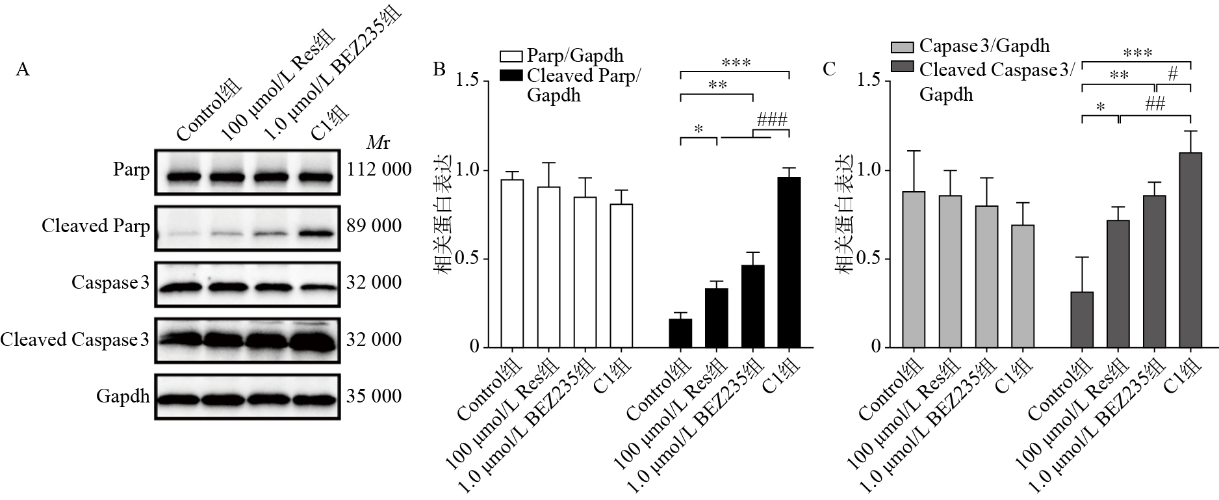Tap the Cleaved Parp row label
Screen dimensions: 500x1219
[x=96, y=226]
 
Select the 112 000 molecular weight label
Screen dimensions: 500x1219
[x=379, y=170]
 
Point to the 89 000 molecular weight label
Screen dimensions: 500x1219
[x=374, y=226]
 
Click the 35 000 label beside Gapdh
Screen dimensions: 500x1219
[x=374, y=396]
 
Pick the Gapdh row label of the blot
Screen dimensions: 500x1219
[x=123, y=396]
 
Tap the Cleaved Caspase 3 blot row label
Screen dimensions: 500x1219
[x=75, y=339]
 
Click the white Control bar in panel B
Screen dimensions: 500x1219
[x=512, y=263]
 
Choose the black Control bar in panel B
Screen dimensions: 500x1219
[x=680, y=333]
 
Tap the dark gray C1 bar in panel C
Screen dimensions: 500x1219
[x=1190, y=250]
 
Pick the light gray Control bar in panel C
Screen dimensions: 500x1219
[x=914, y=270]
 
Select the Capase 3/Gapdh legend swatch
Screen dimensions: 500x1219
[x=902, y=46]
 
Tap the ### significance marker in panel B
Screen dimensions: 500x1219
[x=772, y=120]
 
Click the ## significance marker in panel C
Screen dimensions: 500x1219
[x=1155, y=104]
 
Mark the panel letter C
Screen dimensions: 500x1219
[x=828, y=70]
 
